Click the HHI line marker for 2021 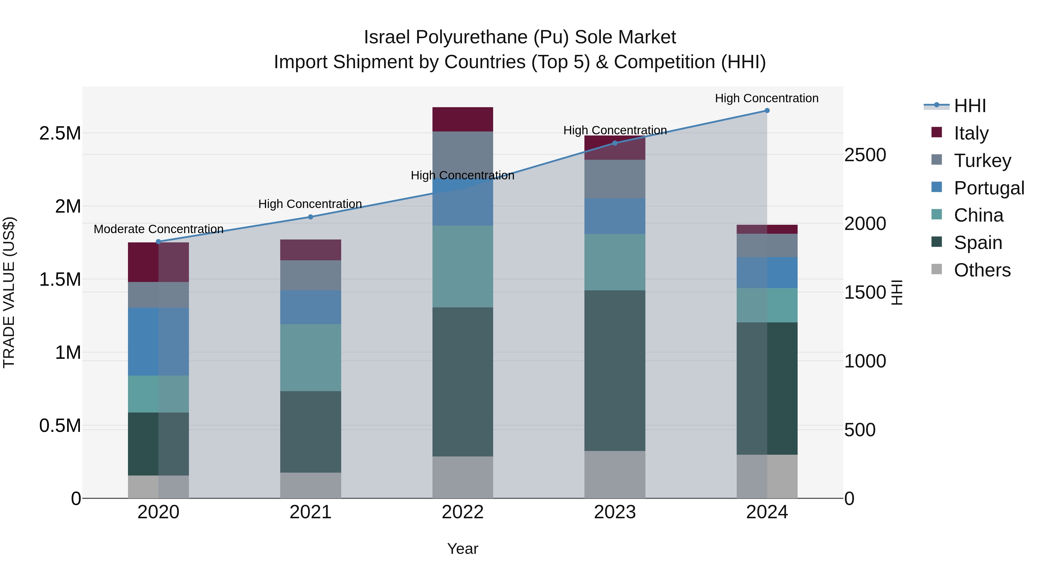click(x=311, y=217)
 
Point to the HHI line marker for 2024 click(x=767, y=111)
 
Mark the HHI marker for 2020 click(x=158, y=242)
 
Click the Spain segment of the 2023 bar click(x=615, y=370)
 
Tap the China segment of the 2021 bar click(x=311, y=357)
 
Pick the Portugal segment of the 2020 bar click(x=158, y=341)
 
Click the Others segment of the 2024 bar click(x=767, y=476)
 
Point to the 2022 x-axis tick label click(x=463, y=512)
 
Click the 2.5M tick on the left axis click(x=60, y=133)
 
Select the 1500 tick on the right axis click(x=865, y=292)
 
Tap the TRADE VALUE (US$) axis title click(x=9, y=292)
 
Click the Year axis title click(x=463, y=549)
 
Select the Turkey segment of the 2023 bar click(x=615, y=179)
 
